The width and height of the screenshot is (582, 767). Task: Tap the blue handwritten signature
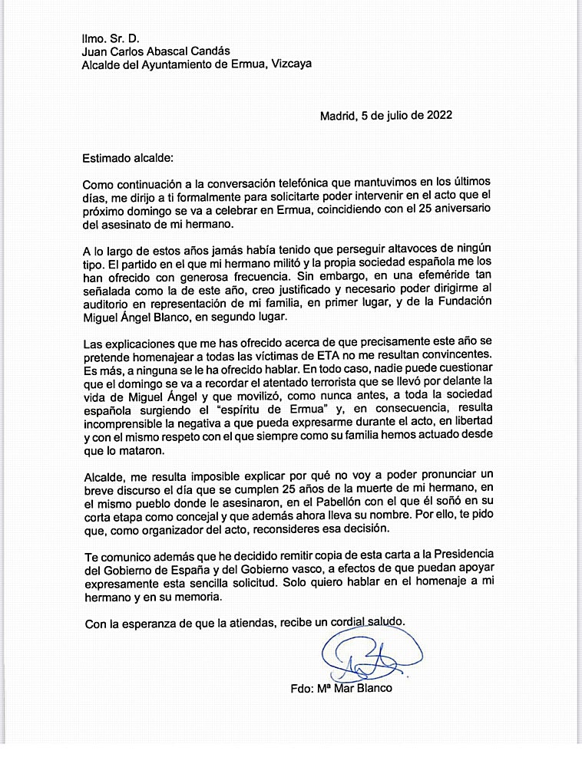[x=366, y=657]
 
